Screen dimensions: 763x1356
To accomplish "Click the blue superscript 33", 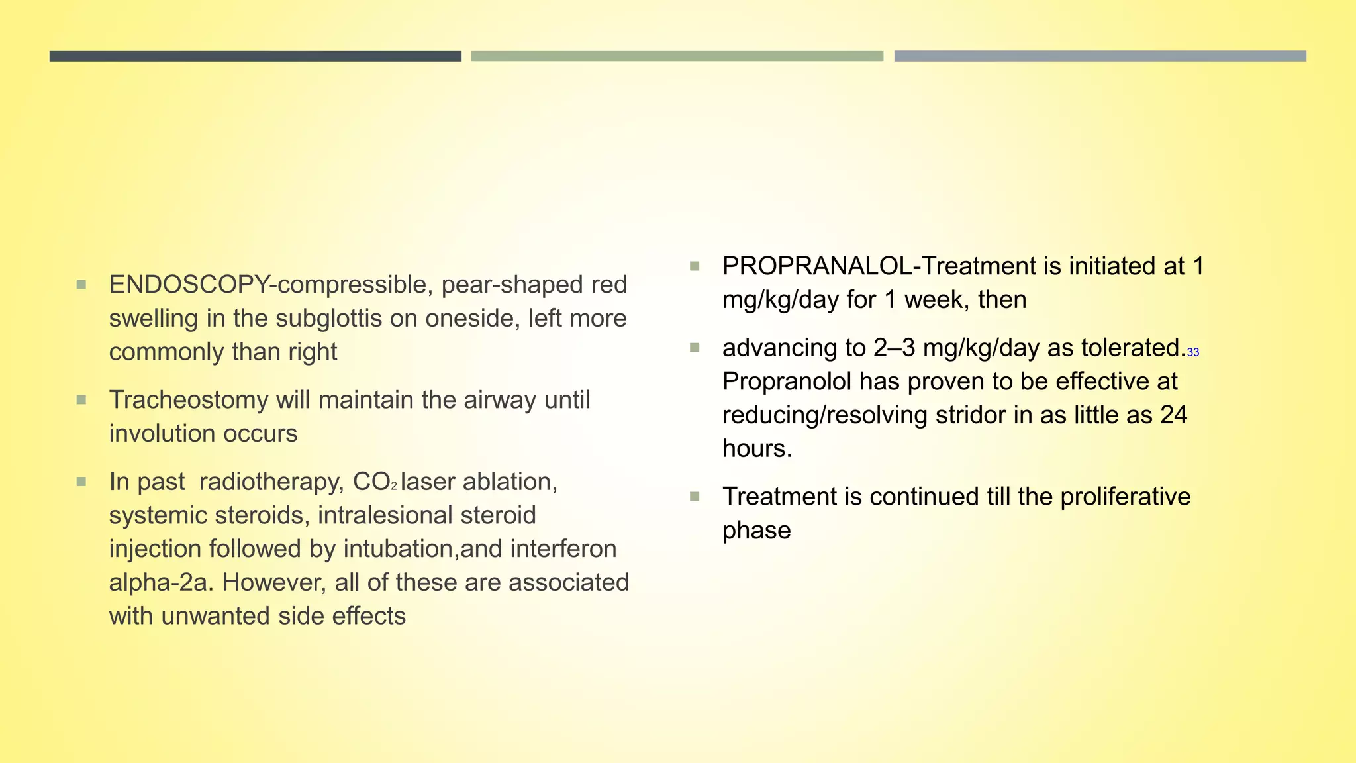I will [x=1193, y=352].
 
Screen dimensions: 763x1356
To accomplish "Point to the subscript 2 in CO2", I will [x=394, y=487].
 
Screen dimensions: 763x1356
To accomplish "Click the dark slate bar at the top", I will [x=255, y=56].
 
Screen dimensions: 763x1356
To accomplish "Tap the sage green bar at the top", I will [x=677, y=56].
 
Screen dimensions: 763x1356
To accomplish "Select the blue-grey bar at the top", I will [x=1100, y=56].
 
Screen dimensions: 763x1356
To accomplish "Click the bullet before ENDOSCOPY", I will [x=81, y=285].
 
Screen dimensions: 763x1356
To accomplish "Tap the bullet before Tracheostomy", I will [x=81, y=400].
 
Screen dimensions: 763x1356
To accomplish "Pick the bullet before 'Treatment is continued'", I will [x=695, y=497].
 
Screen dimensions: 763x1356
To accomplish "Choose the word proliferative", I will [x=1125, y=497].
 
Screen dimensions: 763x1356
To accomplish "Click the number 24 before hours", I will [x=1173, y=415].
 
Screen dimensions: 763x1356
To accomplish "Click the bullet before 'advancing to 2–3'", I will [x=695, y=348].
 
